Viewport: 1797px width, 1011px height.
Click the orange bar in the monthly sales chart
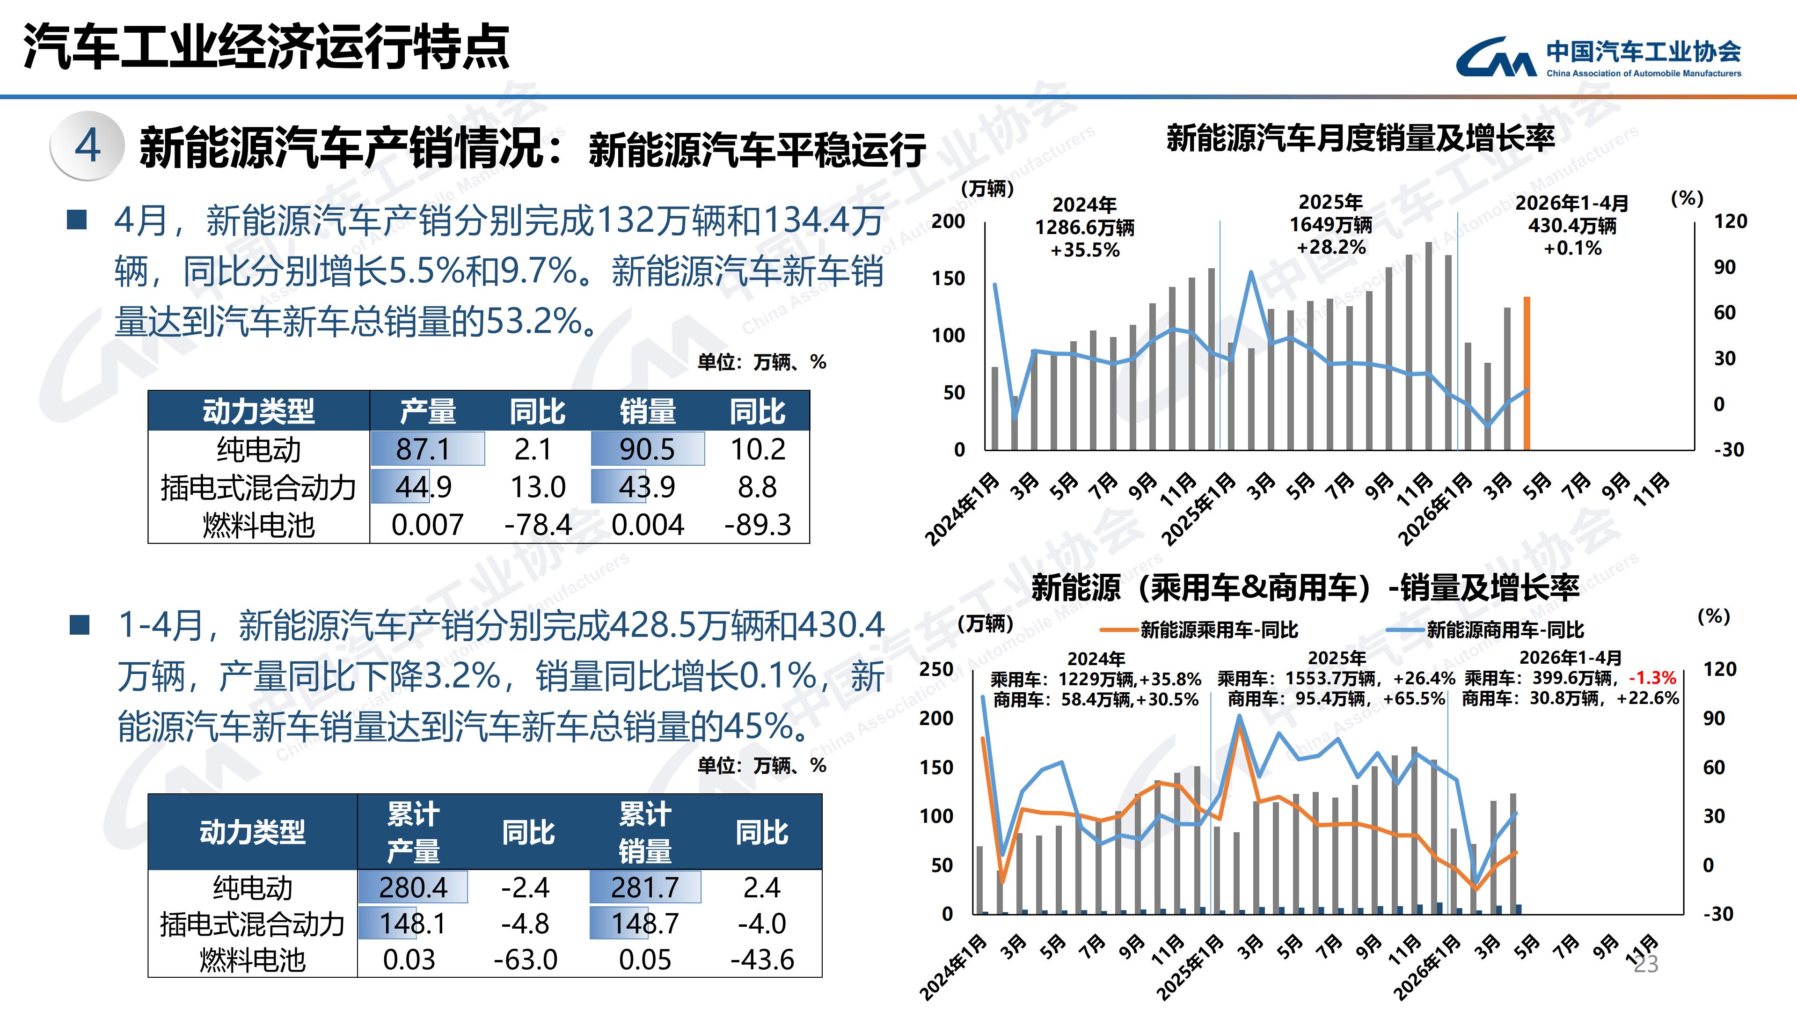tap(1527, 374)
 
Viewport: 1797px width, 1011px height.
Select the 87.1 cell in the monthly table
tap(424, 449)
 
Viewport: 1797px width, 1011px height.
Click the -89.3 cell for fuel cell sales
tap(758, 525)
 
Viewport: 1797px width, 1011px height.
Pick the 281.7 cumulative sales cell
tap(645, 887)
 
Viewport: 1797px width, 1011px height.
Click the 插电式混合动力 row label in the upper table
tap(258, 487)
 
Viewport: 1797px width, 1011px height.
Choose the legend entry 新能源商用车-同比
tap(1485, 630)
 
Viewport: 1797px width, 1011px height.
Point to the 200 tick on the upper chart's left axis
tap(949, 221)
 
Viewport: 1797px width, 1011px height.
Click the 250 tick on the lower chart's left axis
tap(936, 669)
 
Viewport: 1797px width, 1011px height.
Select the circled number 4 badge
tap(87, 146)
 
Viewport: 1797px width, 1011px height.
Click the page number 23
tap(1646, 964)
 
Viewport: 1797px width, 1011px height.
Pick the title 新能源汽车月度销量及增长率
tap(1361, 138)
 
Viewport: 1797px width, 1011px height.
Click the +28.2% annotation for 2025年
tap(1331, 247)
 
